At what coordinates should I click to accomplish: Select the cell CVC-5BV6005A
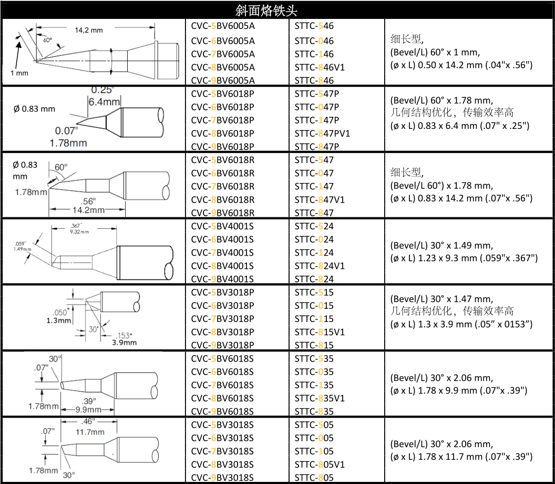223,26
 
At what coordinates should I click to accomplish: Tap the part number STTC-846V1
320,67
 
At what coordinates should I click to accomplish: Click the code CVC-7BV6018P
223,120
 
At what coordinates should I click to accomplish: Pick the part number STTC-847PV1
322,134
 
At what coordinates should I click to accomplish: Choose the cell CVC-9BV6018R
223,213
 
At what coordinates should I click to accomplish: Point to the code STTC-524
314,226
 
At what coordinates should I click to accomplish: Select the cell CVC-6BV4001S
223,239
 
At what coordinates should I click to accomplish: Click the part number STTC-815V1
320,332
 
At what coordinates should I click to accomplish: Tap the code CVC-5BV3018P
223,293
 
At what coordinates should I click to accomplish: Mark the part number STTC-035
314,372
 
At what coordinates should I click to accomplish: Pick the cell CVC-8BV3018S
223,465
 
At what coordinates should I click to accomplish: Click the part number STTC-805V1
320,465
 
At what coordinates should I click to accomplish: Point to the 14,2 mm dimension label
89,30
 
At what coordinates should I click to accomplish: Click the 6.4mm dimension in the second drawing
104,102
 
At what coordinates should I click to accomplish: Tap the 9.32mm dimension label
80,231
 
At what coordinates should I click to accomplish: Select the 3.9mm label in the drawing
124,342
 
